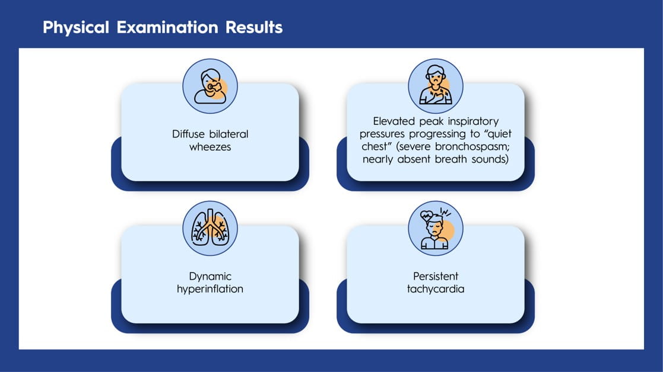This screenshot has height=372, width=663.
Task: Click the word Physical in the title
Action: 76,28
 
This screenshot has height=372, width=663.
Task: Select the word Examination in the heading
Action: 167,27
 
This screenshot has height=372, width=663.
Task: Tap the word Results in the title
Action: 254,27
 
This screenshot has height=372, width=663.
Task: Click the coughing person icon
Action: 210,86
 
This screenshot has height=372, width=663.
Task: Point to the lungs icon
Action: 210,228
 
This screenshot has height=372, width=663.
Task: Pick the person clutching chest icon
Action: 436,86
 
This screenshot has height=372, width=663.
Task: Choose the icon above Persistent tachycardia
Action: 436,228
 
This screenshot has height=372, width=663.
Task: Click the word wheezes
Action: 210,147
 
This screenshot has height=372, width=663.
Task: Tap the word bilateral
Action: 229,134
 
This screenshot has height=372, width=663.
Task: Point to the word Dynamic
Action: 210,277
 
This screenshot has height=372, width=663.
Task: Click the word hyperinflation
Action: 210,289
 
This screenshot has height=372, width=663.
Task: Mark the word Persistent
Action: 436,276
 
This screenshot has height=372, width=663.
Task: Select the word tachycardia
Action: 436,289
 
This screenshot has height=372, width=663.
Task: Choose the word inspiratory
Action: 473,122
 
